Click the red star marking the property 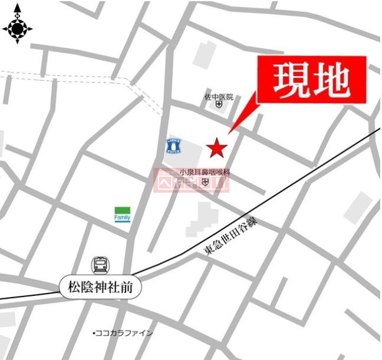click(216, 147)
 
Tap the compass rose click(17, 28)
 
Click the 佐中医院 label click(219, 97)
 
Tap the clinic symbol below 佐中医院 click(219, 105)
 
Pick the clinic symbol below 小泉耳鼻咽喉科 click(205, 183)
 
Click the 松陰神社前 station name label click(100, 288)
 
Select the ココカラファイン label click(124, 333)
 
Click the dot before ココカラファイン click(94, 333)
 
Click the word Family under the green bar click(123, 218)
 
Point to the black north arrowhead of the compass click(17, 9)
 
